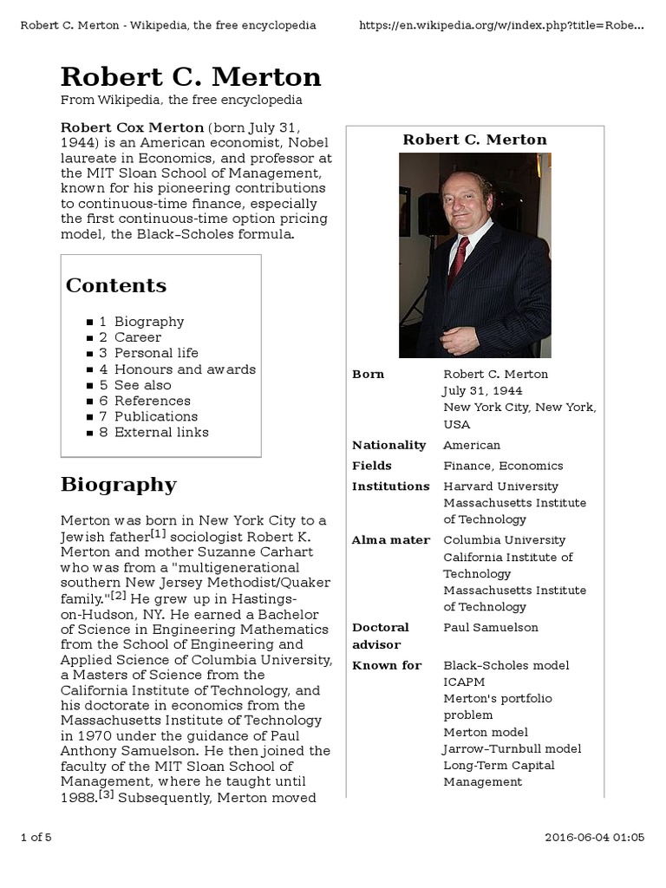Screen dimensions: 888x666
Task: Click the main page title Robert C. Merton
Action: click(x=191, y=77)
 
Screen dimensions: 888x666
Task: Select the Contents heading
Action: click(x=115, y=285)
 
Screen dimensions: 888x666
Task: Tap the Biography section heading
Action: click(x=118, y=484)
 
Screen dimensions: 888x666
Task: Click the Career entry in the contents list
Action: click(x=137, y=337)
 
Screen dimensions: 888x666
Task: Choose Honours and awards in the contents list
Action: click(x=185, y=369)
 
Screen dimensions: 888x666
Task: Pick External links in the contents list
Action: click(x=161, y=432)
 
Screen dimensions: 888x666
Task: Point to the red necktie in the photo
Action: click(x=459, y=257)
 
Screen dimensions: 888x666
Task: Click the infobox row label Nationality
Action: click(x=388, y=445)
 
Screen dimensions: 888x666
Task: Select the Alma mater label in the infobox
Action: click(x=390, y=540)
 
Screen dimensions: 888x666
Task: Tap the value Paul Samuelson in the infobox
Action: click(x=490, y=627)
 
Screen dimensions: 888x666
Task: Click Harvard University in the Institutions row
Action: click(x=500, y=486)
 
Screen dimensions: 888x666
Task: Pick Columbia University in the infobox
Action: click(x=504, y=540)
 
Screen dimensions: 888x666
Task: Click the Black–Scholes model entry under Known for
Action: click(x=506, y=665)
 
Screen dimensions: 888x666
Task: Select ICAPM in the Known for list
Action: click(x=464, y=682)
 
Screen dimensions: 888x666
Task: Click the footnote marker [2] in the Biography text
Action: click(x=118, y=595)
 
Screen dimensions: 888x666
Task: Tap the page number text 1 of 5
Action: click(x=36, y=837)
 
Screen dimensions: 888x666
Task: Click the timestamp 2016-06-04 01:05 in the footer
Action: click(x=594, y=837)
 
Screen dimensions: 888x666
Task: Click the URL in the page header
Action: click(x=501, y=25)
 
